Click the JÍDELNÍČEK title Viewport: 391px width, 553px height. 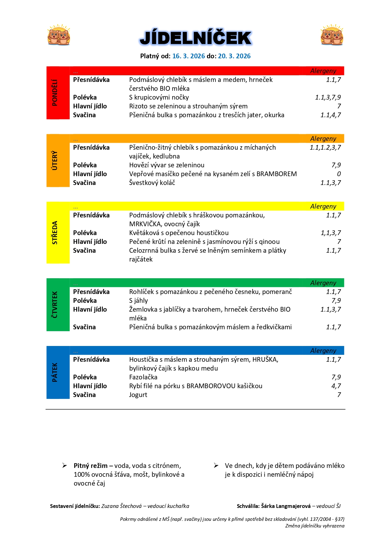point(195,38)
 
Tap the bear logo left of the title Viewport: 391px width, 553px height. point(59,35)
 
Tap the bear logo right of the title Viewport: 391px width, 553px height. point(332,35)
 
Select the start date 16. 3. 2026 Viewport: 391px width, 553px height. point(188,56)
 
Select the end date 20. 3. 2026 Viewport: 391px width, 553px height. point(234,56)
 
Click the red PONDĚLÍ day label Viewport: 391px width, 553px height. point(55,93)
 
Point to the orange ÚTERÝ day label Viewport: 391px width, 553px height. point(55,160)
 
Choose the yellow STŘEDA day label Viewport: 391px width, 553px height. point(55,233)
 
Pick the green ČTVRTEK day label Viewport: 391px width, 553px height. point(55,305)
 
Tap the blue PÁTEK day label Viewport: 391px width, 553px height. point(55,372)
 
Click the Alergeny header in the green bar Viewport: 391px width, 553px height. point(323,283)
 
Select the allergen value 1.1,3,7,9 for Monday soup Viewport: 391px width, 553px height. point(328,97)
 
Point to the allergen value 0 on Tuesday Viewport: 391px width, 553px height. point(339,174)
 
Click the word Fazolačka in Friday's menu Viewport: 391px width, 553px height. point(143,377)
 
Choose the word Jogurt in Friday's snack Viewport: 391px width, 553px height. point(138,395)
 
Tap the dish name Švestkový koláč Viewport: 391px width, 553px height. point(152,183)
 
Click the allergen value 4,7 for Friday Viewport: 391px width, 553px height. point(336,386)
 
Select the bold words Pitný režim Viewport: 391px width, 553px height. point(90,466)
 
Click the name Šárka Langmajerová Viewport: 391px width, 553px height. point(286,506)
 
